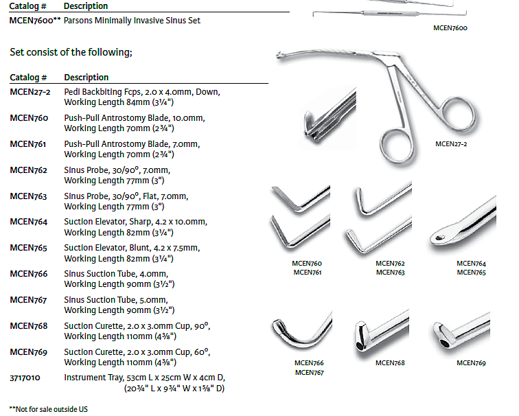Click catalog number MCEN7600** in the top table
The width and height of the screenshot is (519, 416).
pos(34,21)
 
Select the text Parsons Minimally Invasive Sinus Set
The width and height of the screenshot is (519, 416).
pos(132,21)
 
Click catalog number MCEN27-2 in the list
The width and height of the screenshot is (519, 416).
pos(30,91)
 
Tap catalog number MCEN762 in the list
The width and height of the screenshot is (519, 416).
pos(29,170)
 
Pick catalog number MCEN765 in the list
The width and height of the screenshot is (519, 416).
pos(29,248)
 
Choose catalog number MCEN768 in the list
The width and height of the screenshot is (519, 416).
pos(29,325)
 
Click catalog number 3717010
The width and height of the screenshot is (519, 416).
pos(25,378)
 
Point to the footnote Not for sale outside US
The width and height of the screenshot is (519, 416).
pos(49,409)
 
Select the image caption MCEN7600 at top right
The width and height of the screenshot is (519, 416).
pos(451,29)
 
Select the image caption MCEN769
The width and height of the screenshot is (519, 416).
pos(470,363)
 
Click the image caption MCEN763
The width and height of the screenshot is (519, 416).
pos(390,273)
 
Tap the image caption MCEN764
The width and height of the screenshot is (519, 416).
pos(471,264)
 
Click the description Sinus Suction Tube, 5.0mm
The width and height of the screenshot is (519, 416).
pos(115,300)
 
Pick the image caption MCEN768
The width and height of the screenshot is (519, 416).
pos(389,363)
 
